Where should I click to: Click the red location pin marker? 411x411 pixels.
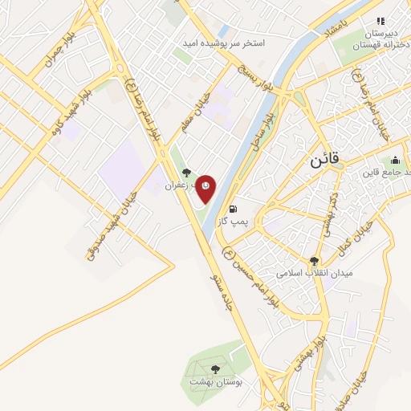tap(206, 188)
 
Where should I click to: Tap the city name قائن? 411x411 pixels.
tap(326, 160)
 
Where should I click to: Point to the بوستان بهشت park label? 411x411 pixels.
tap(216, 382)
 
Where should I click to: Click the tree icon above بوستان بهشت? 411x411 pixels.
tap(215, 369)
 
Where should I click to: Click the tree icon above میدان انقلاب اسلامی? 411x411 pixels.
tap(314, 261)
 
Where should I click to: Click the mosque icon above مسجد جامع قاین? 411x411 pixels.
tap(395, 160)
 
